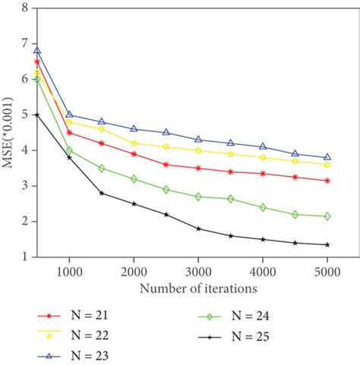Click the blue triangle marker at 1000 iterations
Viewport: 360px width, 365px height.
pyautogui.click(x=69, y=115)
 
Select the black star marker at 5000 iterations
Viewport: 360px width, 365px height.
pyautogui.click(x=327, y=244)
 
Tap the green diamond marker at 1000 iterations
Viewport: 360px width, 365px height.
pyautogui.click(x=69, y=150)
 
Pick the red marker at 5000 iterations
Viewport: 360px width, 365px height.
pyautogui.click(x=327, y=181)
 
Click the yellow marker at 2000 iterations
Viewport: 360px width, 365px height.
pyautogui.click(x=134, y=143)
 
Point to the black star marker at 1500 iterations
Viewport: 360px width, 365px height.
pyautogui.click(x=102, y=193)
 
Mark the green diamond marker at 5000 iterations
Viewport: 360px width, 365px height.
pyautogui.click(x=327, y=216)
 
